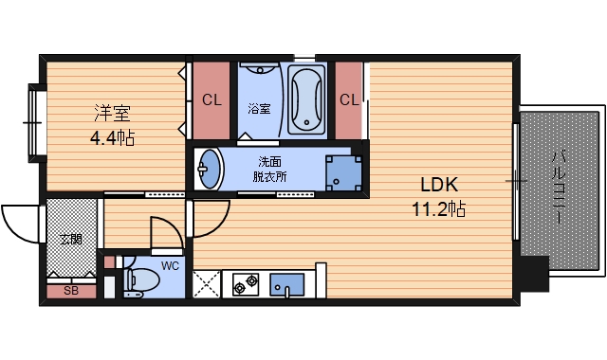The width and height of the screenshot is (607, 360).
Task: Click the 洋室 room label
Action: (112, 113)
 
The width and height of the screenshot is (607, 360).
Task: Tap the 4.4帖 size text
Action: (112, 137)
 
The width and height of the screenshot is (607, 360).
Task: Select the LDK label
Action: (439, 185)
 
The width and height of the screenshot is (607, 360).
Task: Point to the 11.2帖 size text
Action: (438, 209)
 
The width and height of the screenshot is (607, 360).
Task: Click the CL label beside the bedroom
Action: (212, 100)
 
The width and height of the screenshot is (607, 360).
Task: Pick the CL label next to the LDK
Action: (349, 100)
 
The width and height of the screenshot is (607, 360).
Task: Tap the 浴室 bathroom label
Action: (259, 109)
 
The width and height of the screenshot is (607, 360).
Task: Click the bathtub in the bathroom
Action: (306, 99)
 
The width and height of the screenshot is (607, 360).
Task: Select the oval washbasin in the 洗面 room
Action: (209, 169)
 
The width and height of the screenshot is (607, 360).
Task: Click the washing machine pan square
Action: (343, 173)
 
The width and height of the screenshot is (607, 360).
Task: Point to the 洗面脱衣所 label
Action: (269, 169)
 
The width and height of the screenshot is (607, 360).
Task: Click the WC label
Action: (171, 266)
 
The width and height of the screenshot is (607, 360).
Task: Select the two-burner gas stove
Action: (246, 284)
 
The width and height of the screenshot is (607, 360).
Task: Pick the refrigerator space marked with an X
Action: (207, 284)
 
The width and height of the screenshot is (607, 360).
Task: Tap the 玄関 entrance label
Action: (71, 240)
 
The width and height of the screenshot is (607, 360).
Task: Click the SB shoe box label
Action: (71, 291)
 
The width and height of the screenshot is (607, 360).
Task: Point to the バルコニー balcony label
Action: (559, 188)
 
